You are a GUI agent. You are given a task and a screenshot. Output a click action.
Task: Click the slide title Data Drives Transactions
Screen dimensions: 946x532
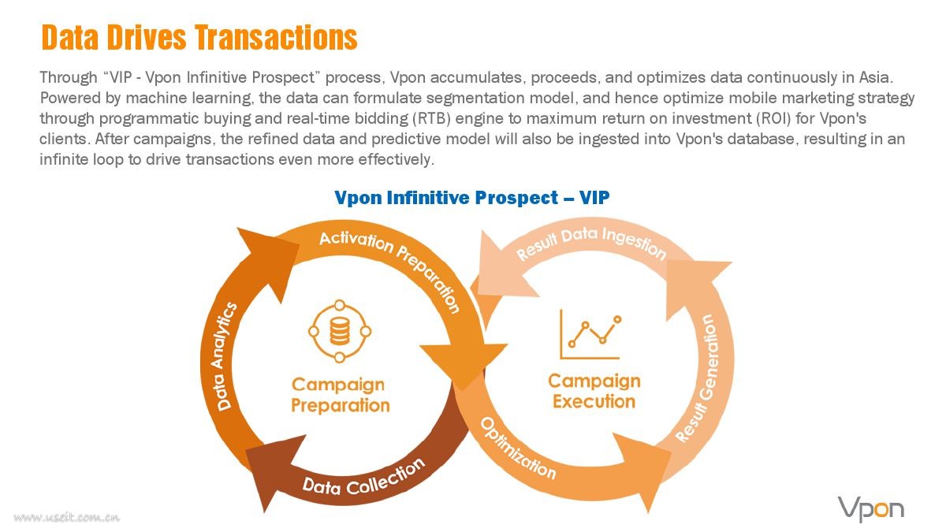pyautogui.click(x=199, y=37)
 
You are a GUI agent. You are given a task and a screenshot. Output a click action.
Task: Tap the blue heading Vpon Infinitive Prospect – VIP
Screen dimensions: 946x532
pyautogui.click(x=471, y=198)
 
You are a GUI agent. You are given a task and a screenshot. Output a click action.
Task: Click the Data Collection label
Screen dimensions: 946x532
pyautogui.click(x=364, y=478)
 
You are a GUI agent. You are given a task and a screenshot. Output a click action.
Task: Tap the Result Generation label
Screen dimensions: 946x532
pyautogui.click(x=698, y=378)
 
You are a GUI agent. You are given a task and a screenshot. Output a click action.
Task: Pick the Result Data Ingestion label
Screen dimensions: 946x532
pyautogui.click(x=591, y=244)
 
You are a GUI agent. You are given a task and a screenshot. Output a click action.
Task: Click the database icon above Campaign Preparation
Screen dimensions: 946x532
pyautogui.click(x=340, y=332)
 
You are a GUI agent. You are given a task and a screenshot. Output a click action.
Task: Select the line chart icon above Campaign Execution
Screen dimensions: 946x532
pyautogui.click(x=590, y=334)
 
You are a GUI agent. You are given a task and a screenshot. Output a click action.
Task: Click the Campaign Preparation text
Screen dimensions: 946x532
pyautogui.click(x=340, y=395)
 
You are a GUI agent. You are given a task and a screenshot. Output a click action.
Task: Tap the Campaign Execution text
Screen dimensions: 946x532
pyautogui.click(x=594, y=391)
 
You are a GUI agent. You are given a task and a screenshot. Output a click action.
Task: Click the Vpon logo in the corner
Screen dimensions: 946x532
pyautogui.click(x=871, y=509)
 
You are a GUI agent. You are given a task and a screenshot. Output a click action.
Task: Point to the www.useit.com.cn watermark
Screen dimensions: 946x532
pyautogui.click(x=67, y=517)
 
